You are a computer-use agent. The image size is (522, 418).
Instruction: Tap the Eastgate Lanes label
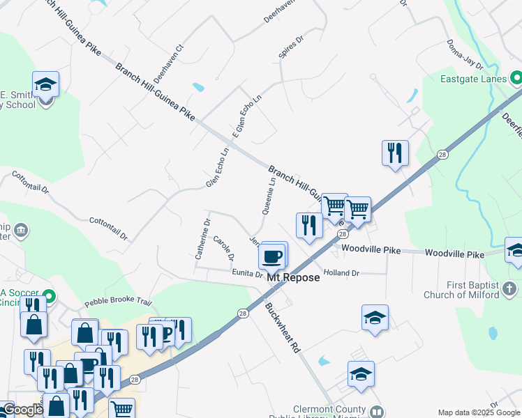[x=473, y=79]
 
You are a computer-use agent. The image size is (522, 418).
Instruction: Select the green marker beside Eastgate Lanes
[x=516, y=77]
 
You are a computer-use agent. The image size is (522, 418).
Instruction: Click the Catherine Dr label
[x=202, y=239]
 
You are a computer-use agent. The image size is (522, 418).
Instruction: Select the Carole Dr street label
[x=223, y=248]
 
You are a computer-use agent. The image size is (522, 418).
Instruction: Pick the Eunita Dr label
[x=248, y=274]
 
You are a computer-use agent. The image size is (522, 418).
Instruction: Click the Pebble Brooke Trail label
[x=118, y=302]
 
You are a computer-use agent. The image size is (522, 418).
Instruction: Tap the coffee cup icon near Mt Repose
[x=272, y=256]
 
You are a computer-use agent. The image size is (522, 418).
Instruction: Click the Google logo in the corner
[x=23, y=410]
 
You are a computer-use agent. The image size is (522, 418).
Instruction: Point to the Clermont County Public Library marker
[x=377, y=412]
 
